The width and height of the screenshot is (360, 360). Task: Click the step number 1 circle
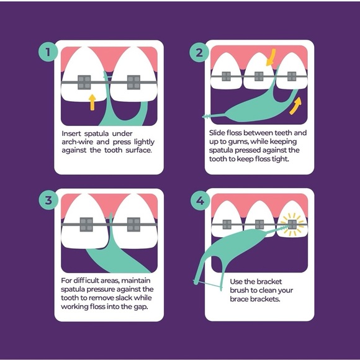point(48,52)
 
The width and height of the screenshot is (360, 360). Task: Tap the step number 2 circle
point(199,52)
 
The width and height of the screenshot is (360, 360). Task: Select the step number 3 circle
point(48,200)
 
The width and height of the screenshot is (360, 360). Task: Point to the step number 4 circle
point(200,201)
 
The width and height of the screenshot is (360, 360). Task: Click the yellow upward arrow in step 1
point(92,102)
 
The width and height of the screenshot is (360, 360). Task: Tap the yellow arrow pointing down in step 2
point(271,57)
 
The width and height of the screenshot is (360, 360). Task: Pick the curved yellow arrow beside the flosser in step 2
point(295,106)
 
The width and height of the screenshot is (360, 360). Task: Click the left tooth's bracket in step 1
point(84,82)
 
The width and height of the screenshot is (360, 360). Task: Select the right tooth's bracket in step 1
point(133,82)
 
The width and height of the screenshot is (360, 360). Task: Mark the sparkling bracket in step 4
point(292,224)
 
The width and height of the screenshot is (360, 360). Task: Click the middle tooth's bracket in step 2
point(259,76)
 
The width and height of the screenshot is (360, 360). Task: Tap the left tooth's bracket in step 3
point(86,224)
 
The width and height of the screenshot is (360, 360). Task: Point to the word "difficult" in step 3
point(90,281)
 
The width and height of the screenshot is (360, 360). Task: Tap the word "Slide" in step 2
point(217,133)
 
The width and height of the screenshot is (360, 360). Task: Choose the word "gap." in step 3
point(140,307)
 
